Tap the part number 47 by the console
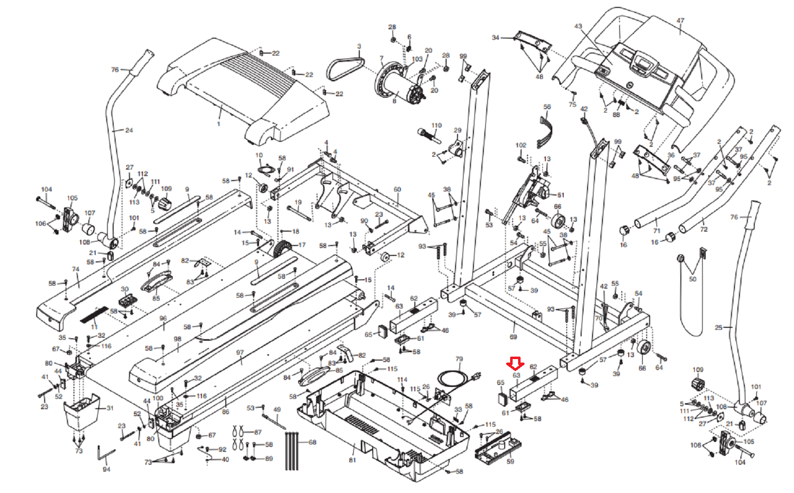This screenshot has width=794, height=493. point(680,21)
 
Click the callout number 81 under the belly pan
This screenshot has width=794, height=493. point(352,460)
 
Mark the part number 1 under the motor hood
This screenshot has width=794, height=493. point(219,123)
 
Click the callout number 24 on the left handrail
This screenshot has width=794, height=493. point(129,130)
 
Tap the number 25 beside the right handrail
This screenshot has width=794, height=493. point(719,327)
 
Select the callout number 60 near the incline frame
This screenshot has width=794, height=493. point(397,189)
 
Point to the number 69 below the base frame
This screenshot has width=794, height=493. point(513,337)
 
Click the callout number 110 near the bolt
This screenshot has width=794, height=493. point(436,125)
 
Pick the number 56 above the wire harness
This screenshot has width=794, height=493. point(547,107)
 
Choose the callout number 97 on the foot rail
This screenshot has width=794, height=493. point(240,353)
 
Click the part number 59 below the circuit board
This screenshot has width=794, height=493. point(510,461)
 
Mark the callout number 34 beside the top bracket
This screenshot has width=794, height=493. point(495,38)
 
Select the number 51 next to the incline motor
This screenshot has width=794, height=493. point(561,195)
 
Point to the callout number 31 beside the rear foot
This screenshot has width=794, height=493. point(110,408)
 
